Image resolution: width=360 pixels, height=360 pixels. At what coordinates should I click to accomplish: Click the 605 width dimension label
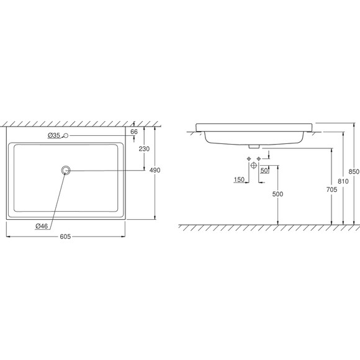pyautogui.click(x=65, y=236)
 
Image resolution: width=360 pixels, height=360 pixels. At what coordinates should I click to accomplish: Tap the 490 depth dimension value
pyautogui.click(x=155, y=170)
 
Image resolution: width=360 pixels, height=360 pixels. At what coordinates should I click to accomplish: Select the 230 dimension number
pyautogui.click(x=144, y=149)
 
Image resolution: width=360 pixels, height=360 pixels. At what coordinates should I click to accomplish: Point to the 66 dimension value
pyautogui.click(x=134, y=132)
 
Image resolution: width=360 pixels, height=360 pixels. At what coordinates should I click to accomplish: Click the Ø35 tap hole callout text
pyautogui.click(x=54, y=135)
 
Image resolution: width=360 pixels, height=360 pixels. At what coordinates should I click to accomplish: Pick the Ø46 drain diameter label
pyautogui.click(x=42, y=226)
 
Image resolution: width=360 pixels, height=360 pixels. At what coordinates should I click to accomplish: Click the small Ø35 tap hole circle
pyautogui.click(x=66, y=136)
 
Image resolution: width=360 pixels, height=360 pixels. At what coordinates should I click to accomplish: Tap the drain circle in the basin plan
pyautogui.click(x=66, y=170)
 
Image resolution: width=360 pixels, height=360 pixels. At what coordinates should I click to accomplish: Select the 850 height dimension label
pyautogui.click(x=354, y=171)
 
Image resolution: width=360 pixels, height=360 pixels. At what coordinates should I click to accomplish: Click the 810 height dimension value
pyautogui.click(x=343, y=181)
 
